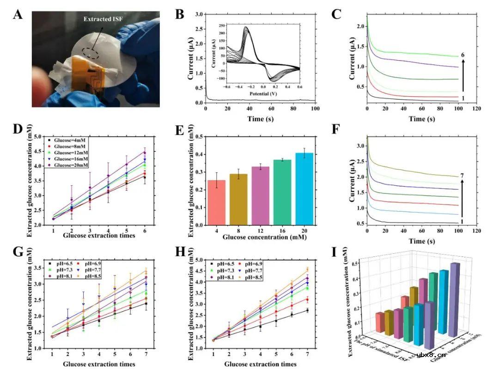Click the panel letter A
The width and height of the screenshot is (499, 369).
pyautogui.click(x=18, y=15)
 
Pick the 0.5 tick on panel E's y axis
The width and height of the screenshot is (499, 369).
pyautogui.click(x=200, y=137)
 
